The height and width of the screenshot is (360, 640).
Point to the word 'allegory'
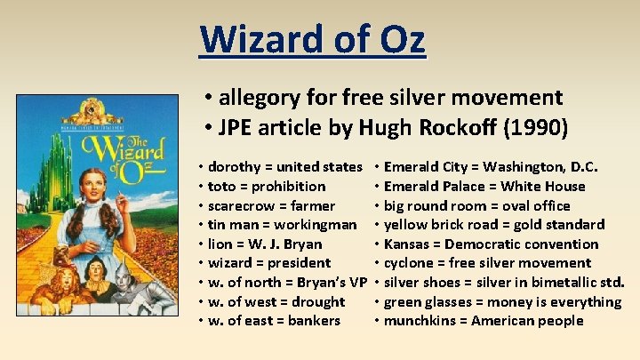(262, 97)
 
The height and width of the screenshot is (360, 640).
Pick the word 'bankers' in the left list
(314, 320)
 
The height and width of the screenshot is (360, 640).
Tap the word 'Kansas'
(411, 244)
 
